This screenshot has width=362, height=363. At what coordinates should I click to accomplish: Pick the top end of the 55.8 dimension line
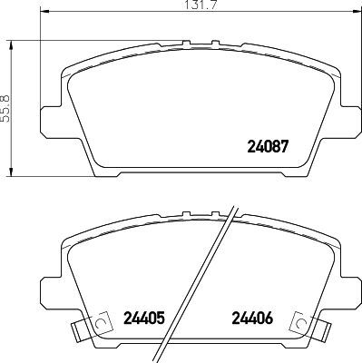(12, 41)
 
